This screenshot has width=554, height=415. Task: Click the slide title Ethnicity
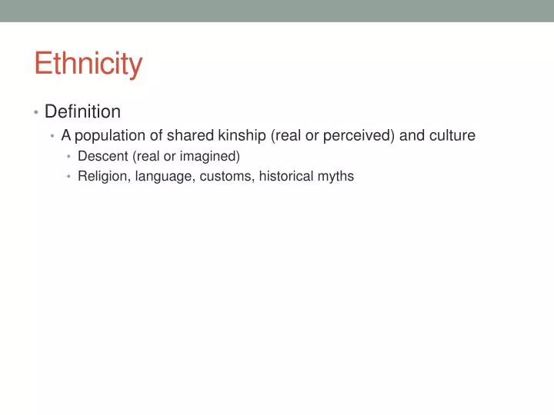(88, 64)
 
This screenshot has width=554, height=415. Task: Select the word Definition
(82, 112)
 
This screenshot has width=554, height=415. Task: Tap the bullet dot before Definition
(36, 113)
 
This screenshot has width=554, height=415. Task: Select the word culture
(452, 136)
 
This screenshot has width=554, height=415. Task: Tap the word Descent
(103, 157)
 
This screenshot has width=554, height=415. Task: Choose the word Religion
(103, 177)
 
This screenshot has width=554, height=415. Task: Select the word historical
(286, 177)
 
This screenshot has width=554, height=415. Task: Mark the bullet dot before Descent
(68, 158)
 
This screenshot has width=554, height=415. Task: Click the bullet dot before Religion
(68, 178)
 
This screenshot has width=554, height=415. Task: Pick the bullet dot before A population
(52, 137)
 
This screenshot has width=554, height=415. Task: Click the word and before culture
(412, 136)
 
